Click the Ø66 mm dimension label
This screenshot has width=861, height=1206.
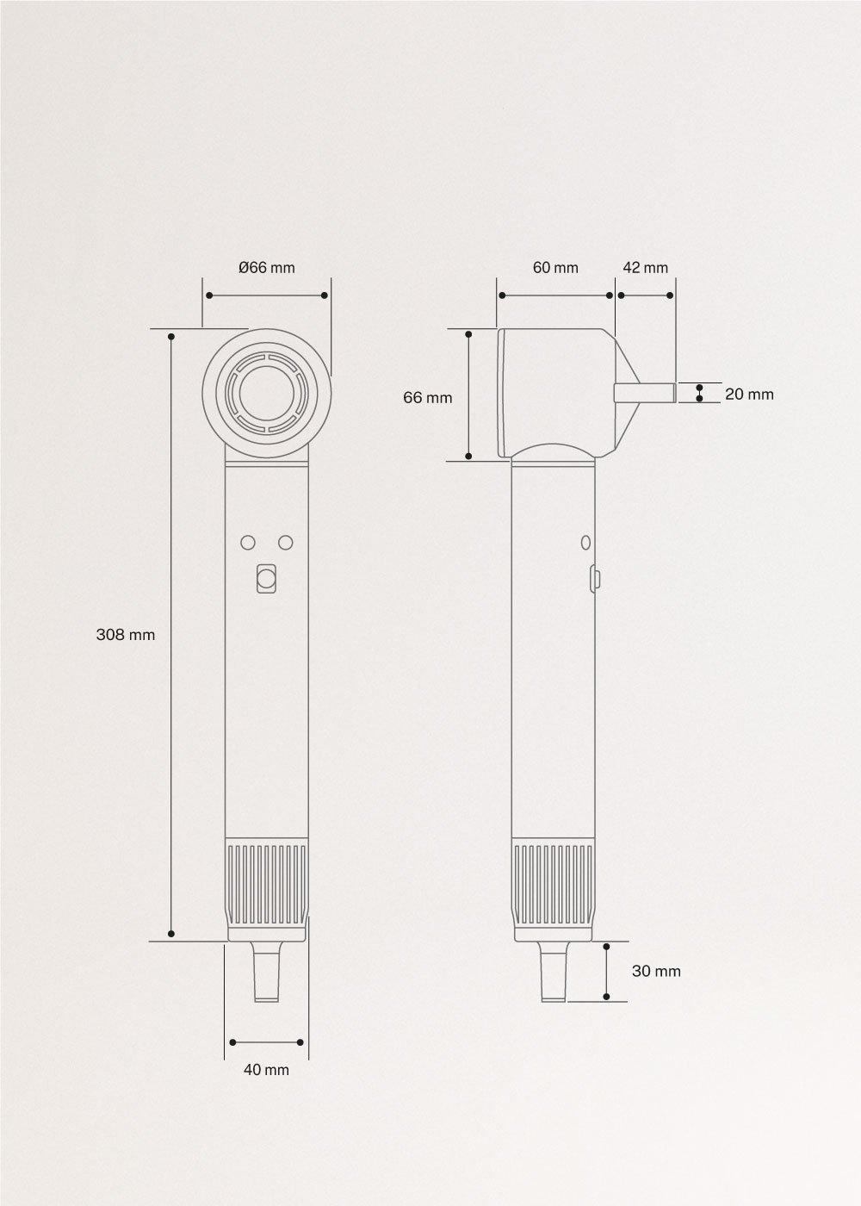pyautogui.click(x=266, y=268)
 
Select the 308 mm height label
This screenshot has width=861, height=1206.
pyautogui.click(x=126, y=635)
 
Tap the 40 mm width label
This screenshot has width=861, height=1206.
pyautogui.click(x=266, y=1070)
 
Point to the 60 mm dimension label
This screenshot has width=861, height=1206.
pyautogui.click(x=555, y=268)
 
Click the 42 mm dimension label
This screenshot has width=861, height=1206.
pyautogui.click(x=645, y=268)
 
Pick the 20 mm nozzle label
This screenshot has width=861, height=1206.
pyautogui.click(x=749, y=395)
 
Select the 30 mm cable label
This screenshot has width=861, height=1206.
pyautogui.click(x=656, y=971)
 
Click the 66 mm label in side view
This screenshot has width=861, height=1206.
pyautogui.click(x=427, y=398)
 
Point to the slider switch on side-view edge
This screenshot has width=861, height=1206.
pyautogui.click(x=594, y=577)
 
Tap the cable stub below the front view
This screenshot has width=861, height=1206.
pyautogui.click(x=267, y=973)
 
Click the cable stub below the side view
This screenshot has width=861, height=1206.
pyautogui.click(x=554, y=973)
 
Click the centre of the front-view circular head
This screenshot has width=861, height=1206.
pyautogui.click(x=267, y=395)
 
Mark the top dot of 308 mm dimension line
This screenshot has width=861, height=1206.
pyautogui.click(x=172, y=336)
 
